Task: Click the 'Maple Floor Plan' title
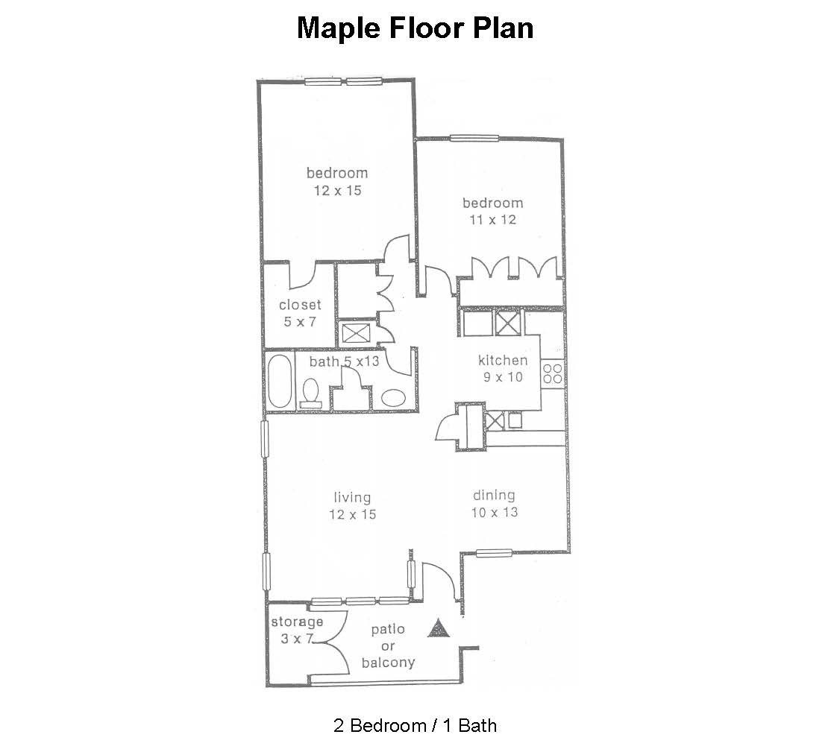[x=415, y=28]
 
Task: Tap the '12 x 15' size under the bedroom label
[x=338, y=191]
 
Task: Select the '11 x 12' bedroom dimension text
[x=493, y=220]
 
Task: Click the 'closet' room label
[x=300, y=305]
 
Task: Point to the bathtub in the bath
[x=279, y=381]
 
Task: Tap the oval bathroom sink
[x=394, y=398]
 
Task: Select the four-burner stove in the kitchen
[x=553, y=373]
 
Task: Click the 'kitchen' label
[x=503, y=361]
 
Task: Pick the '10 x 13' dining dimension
[x=495, y=513]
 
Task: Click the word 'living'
[x=352, y=498]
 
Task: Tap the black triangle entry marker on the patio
[x=439, y=628]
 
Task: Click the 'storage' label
[x=297, y=622]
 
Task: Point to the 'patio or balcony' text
[x=388, y=646]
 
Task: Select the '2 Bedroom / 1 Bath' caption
[x=415, y=725]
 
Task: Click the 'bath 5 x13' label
[x=345, y=361]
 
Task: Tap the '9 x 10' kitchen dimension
[x=503, y=377]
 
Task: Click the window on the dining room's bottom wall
[x=493, y=554]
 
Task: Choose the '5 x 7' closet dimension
[x=300, y=321]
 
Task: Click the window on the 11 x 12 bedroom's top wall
[x=474, y=139]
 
